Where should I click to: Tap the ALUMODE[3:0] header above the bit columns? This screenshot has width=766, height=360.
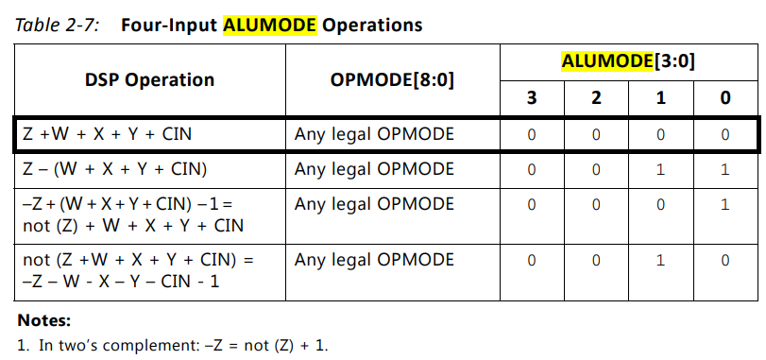627,61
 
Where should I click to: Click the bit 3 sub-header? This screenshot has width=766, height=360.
531,97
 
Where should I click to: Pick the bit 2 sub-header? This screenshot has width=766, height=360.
596,97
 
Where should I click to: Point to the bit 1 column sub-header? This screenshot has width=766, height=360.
660,97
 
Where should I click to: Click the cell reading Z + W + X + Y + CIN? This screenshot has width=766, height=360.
107,134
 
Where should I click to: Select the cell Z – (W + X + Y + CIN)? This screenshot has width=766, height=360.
112,170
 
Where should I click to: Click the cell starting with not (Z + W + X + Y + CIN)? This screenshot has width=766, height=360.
137,270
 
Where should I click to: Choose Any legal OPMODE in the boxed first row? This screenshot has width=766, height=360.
374,134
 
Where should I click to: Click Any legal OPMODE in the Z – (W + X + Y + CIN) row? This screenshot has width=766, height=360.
374,170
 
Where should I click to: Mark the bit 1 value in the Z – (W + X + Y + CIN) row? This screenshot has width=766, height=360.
660,170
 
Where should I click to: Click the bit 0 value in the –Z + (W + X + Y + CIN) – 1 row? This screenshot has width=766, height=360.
725,205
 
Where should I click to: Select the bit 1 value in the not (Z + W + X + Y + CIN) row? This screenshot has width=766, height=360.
660,260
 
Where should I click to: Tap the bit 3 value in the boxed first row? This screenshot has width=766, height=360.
531,134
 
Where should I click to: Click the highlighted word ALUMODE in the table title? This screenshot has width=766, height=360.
270,25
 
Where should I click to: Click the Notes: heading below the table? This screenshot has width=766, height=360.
43,320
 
